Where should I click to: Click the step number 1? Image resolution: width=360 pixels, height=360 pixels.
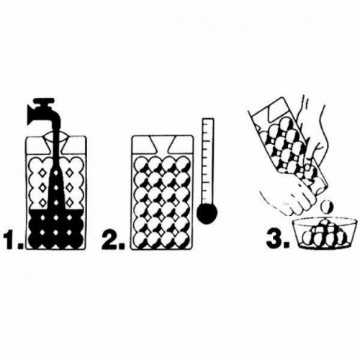tap(13, 239)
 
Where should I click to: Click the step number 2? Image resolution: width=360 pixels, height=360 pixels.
tap(113, 239)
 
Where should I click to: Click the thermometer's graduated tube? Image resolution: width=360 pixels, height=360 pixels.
tap(208, 161)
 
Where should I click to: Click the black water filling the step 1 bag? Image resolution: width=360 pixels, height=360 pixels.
tap(55, 229)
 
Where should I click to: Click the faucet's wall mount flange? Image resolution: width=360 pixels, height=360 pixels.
tap(31, 116)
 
